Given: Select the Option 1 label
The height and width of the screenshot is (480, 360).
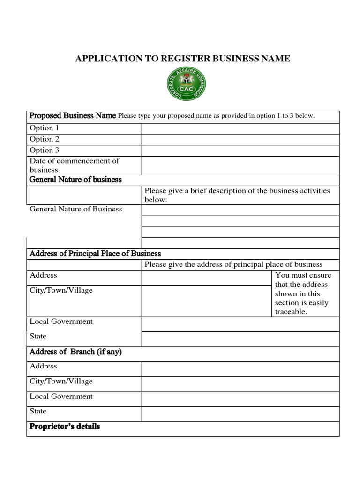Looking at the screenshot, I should click(45, 128).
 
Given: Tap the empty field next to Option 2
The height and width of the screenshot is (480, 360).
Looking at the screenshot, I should click(240, 139).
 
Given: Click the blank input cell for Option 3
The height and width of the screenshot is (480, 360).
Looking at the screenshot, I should click(240, 150).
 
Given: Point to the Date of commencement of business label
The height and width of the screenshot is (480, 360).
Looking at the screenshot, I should click(74, 165).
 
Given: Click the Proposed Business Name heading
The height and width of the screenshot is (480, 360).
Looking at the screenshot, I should click(73, 116).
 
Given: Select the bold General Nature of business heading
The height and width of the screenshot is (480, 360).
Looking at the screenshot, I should click(75, 180).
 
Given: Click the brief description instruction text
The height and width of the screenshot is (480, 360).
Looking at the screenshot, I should click(237, 195).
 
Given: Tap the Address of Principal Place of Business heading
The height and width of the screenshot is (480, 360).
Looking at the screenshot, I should click(95, 254).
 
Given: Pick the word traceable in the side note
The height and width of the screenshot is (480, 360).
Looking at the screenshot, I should click(291, 312).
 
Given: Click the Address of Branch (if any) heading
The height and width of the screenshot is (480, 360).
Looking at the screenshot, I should click(75, 352).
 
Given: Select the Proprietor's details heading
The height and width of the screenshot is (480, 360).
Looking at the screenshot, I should click(65, 427).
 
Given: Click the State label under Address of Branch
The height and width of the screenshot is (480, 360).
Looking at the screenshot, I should click(38, 411).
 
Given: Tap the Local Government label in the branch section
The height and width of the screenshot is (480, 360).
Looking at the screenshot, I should click(61, 397).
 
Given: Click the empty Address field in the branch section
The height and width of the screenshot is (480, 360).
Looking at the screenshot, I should click(240, 369).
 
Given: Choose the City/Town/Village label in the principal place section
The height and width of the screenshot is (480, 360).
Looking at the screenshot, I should click(61, 290).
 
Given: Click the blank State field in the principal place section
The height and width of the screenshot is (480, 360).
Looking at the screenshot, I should click(240, 339).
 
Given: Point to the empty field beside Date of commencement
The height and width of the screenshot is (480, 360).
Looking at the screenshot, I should click(240, 165).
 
